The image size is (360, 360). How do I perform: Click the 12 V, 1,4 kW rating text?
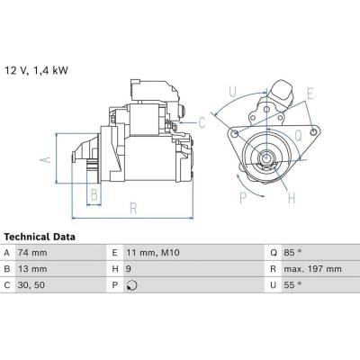[x=36, y=70]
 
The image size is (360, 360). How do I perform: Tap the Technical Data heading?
[x=40, y=237]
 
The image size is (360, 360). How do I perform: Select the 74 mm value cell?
[x=32, y=253]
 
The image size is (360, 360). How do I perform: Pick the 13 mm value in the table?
[x=32, y=269]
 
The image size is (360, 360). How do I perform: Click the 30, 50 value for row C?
[x=31, y=285]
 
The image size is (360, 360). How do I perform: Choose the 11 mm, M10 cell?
[x=153, y=253]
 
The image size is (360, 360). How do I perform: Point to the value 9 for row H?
[x=129, y=269]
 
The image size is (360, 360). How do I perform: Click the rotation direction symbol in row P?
[x=131, y=285]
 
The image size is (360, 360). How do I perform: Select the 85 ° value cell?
[x=292, y=253]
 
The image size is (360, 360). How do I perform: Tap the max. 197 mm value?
[x=312, y=269]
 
